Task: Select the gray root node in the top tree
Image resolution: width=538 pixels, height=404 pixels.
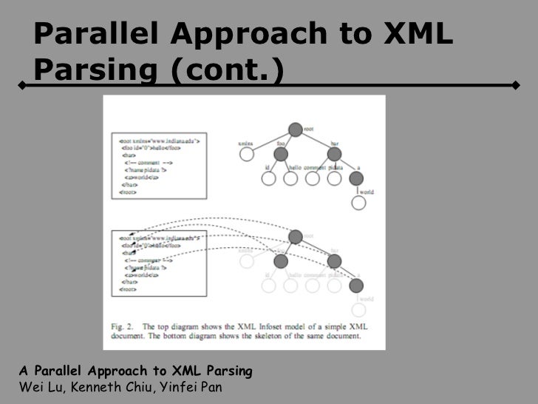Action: pos(296,130)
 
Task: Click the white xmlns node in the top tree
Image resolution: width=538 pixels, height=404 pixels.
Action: pos(247,154)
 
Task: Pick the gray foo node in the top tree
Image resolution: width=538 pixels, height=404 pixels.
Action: pos(280,154)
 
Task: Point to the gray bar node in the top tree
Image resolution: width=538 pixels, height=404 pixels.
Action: pos(334,154)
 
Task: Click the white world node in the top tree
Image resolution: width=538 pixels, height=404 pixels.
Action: pos(358,202)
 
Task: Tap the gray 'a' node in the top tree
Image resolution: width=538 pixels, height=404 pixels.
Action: pos(358,178)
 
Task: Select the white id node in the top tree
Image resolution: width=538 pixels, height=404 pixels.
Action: pos(269,178)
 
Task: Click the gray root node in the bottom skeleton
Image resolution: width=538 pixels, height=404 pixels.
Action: pos(296,237)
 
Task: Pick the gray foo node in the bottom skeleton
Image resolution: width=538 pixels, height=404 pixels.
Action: pos(280,261)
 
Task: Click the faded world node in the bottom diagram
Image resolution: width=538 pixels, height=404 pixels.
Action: pos(358,309)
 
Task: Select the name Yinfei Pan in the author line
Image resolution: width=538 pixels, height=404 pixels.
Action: pos(179,387)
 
